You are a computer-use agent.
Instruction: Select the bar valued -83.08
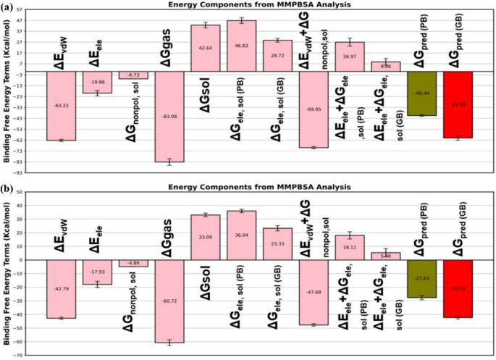pyautogui.click(x=169, y=116)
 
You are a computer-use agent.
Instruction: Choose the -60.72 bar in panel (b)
pyautogui.click(x=169, y=301)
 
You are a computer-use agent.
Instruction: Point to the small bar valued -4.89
pyautogui.click(x=133, y=263)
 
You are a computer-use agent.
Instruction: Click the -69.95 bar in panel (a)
pyautogui.click(x=314, y=109)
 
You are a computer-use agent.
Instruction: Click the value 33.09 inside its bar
pyautogui.click(x=205, y=236)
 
